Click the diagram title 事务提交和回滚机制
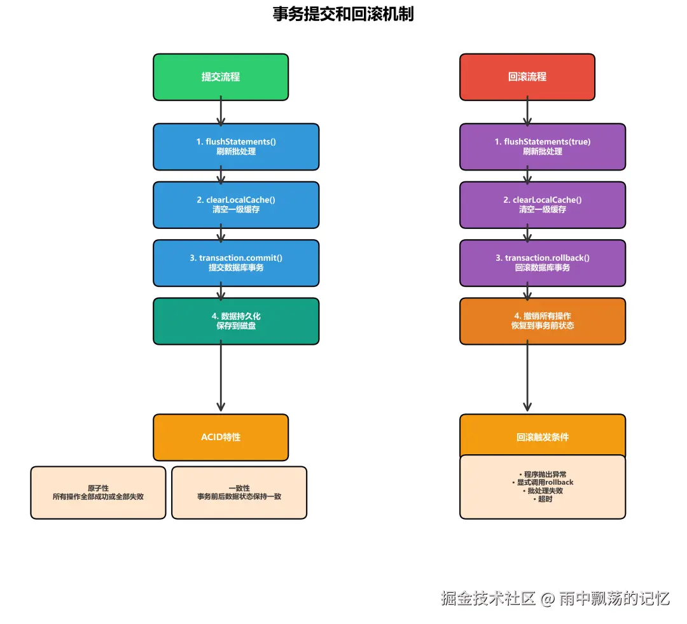point(343,14)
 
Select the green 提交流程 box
point(221,77)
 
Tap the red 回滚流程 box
point(527,77)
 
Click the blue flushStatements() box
point(236,146)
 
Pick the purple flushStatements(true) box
point(543,146)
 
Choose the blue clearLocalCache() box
point(236,205)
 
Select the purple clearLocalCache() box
point(543,205)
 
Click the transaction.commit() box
point(236,263)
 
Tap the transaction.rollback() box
point(543,263)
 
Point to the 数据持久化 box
point(236,321)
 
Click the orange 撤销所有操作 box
point(543,321)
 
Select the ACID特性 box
point(221,438)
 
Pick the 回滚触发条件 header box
point(543,436)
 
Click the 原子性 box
point(98,492)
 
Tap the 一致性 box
point(239,492)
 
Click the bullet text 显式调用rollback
point(543,483)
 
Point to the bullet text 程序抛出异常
point(543,475)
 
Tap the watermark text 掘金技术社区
point(489,599)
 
